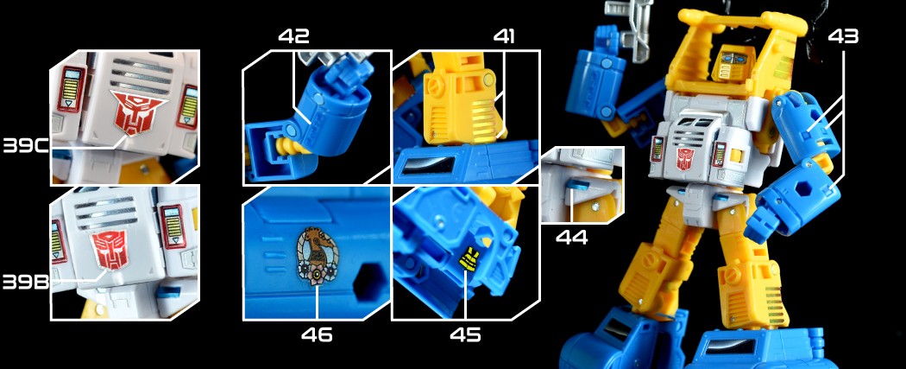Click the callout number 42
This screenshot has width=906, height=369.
(x=293, y=35)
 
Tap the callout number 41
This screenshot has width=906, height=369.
(x=503, y=35)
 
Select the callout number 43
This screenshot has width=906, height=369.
(x=843, y=35)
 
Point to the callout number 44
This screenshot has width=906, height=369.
(x=571, y=237)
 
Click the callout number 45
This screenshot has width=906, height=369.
(x=465, y=335)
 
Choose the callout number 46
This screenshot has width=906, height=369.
(x=317, y=335)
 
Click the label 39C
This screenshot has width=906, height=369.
(x=25, y=146)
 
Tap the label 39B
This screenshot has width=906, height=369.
(x=25, y=282)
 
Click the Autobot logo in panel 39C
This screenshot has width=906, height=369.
(x=136, y=111)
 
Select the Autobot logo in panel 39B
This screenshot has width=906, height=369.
(x=110, y=249)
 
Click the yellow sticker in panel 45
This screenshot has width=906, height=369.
(x=468, y=260)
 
